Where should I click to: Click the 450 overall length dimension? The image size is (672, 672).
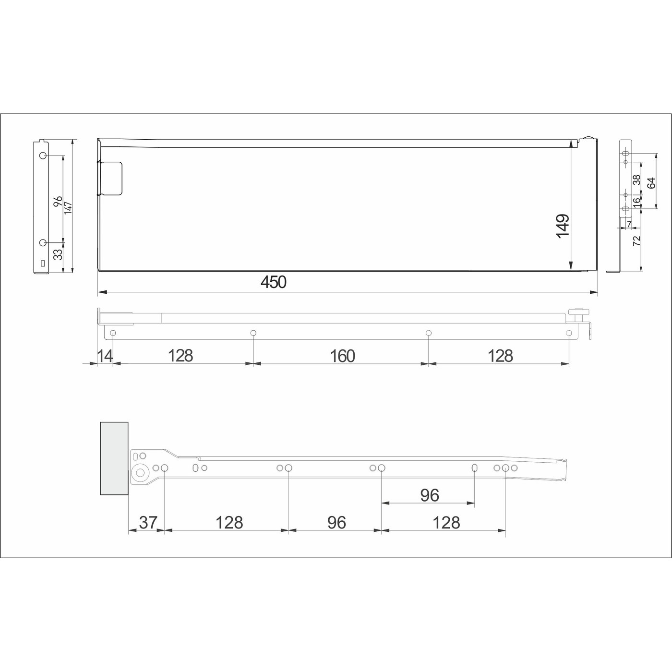pos(274,282)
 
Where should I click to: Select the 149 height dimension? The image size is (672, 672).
pos(562,226)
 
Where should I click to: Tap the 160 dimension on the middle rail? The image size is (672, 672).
pos(342,356)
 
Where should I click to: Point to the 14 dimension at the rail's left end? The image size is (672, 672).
pos(105,356)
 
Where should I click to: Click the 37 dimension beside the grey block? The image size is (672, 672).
pos(148,522)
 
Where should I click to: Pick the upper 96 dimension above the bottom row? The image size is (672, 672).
pos(429,495)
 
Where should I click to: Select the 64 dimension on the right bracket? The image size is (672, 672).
pos(651,183)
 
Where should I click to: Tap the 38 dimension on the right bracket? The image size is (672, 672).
pos(637,180)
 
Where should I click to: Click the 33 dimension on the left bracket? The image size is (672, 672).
pos(58,253)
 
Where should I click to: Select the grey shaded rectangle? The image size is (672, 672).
pos(114,458)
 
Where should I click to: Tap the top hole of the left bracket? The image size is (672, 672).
pos(43,156)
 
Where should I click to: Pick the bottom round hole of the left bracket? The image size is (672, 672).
pos(43,242)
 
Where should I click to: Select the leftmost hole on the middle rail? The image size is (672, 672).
pos(113,333)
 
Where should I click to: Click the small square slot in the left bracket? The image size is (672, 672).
pos(43,263)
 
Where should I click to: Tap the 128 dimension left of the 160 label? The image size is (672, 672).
pos(180,356)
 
